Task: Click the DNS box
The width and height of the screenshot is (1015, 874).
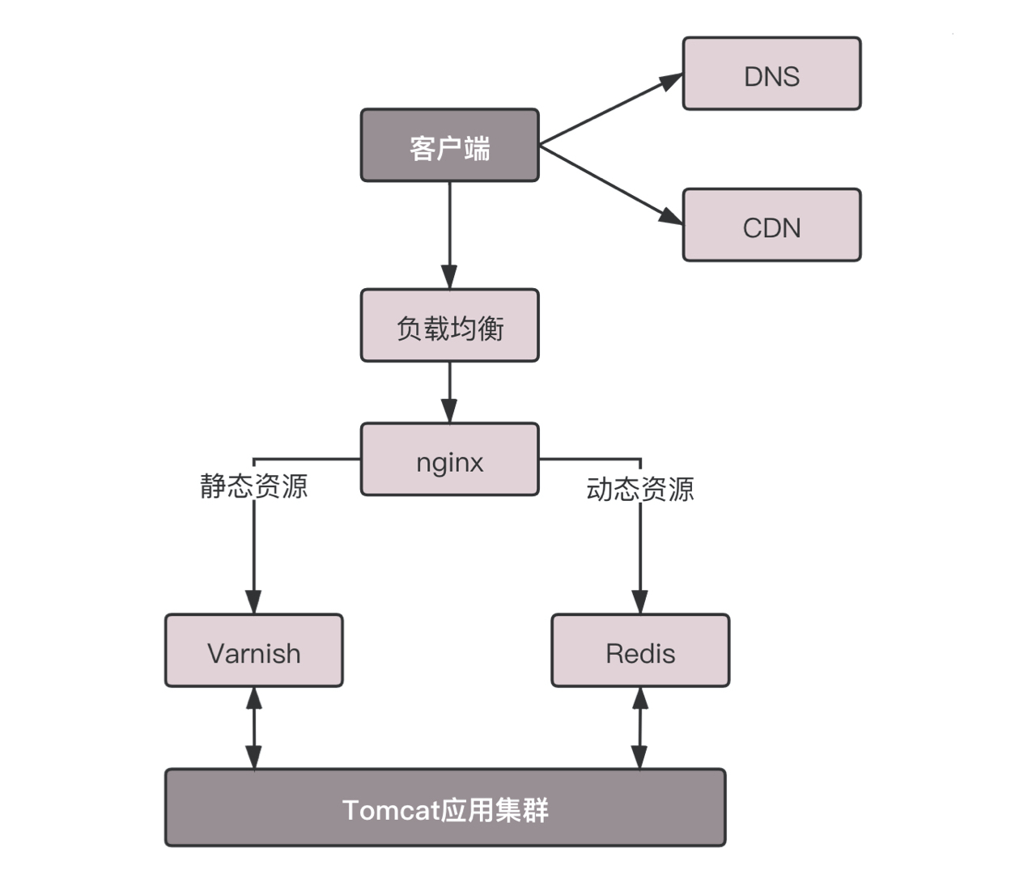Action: [771, 74]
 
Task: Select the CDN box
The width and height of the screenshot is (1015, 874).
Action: [771, 226]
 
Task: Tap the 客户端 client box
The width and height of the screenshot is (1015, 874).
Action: [449, 146]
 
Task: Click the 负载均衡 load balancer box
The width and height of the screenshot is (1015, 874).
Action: [449, 325]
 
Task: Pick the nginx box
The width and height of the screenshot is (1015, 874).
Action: [449, 459]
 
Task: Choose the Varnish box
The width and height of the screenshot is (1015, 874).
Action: [253, 651]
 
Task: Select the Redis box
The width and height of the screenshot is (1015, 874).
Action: [640, 651]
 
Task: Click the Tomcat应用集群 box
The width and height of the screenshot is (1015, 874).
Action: [445, 808]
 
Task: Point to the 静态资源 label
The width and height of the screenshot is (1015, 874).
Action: [254, 486]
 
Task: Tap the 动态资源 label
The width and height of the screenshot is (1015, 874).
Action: [640, 489]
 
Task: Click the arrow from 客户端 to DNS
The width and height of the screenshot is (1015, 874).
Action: [607, 111]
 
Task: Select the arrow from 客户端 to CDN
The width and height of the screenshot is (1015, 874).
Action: [607, 184]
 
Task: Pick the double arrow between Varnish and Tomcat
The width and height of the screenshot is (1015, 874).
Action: [253, 728]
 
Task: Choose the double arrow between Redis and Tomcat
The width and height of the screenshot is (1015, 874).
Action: [639, 728]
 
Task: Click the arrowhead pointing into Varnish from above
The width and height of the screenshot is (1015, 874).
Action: [253, 602]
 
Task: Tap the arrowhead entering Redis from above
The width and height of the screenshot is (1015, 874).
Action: [640, 602]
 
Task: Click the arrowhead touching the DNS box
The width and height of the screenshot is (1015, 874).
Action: [671, 81]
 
